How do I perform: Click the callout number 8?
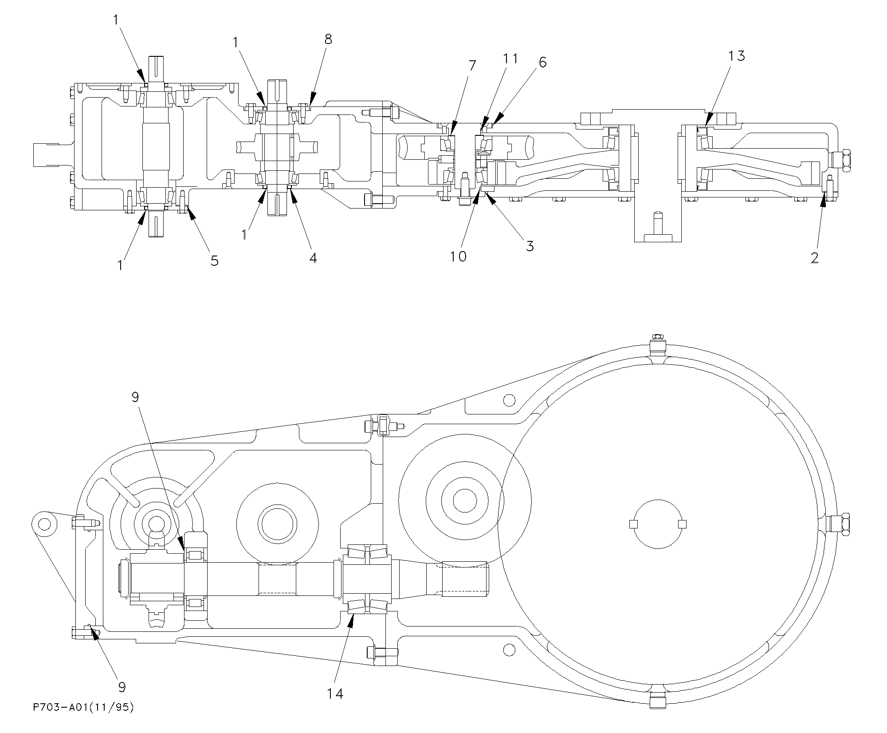click(328, 39)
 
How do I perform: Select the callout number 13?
click(736, 56)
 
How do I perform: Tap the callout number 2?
click(814, 258)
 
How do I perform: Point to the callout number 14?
click(335, 694)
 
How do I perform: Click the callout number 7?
click(471, 66)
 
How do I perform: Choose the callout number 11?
click(510, 59)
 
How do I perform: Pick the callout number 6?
click(542, 63)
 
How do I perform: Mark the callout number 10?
click(459, 256)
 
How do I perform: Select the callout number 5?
click(214, 260)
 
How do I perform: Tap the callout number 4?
click(313, 258)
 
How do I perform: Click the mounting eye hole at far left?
click(43, 524)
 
